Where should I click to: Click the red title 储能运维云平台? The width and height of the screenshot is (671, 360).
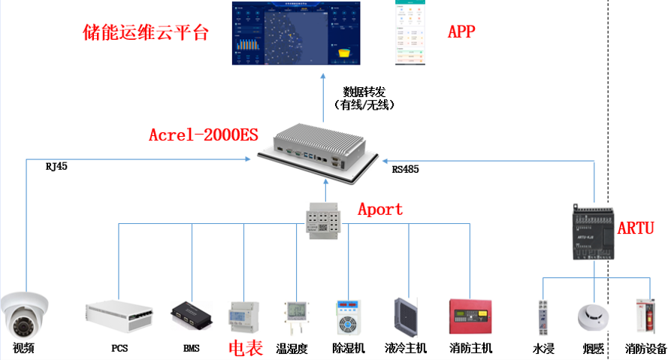click(144, 33)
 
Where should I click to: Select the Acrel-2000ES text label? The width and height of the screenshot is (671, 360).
click(203, 135)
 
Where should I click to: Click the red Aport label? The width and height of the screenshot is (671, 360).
click(379, 209)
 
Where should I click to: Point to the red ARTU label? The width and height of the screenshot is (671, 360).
click(636, 228)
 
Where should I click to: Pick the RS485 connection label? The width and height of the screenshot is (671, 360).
click(405, 170)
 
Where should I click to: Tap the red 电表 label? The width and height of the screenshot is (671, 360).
click(245, 349)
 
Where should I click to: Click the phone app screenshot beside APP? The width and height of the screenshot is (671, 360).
click(410, 34)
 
